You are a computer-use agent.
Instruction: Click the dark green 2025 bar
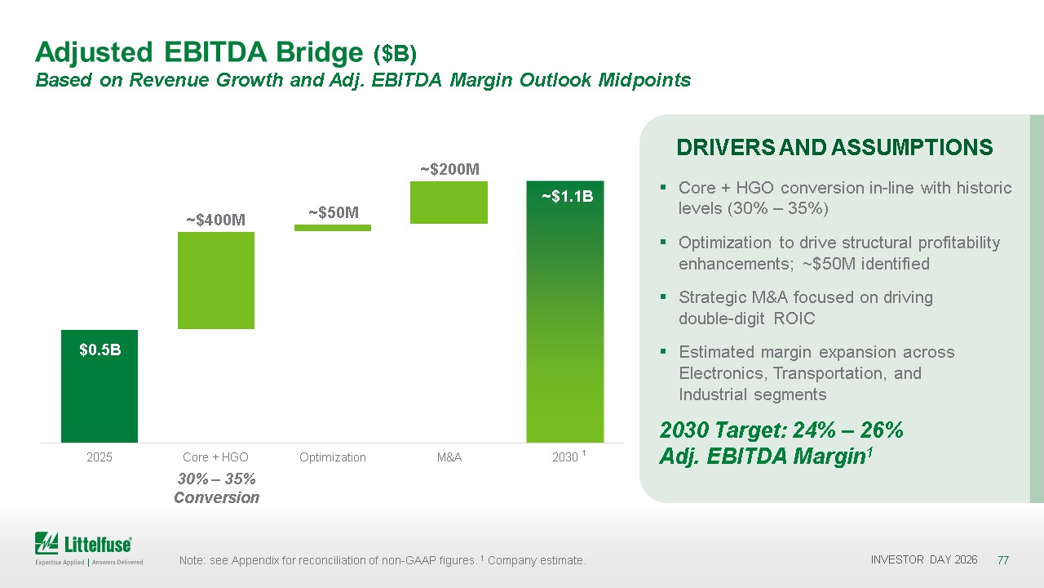[x=100, y=386]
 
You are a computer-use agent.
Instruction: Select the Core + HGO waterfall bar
[x=216, y=280]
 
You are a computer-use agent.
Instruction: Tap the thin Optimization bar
[x=333, y=228]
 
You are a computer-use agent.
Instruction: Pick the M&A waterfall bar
[x=449, y=203]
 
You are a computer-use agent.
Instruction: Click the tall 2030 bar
[x=565, y=311]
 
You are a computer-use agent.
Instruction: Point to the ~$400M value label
[x=216, y=220]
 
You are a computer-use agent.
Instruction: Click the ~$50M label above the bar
[x=334, y=213]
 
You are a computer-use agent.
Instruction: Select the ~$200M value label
[x=449, y=169]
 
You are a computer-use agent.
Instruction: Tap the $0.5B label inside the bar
[x=100, y=350]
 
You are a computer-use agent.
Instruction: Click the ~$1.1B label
[x=567, y=197]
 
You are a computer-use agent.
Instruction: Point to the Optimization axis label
[x=333, y=457]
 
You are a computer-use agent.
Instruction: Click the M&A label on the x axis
[x=449, y=457]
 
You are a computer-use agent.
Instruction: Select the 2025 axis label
[x=100, y=457]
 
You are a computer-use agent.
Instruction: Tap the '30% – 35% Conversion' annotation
[x=217, y=488]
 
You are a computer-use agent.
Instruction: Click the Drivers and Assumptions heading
[x=834, y=148]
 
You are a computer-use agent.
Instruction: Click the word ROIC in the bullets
[x=794, y=318]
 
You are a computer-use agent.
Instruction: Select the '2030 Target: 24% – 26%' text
[x=781, y=430]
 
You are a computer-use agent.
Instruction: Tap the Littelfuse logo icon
[x=46, y=543]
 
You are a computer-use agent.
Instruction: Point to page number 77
[x=1003, y=560]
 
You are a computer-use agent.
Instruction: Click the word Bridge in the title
[x=319, y=53]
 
